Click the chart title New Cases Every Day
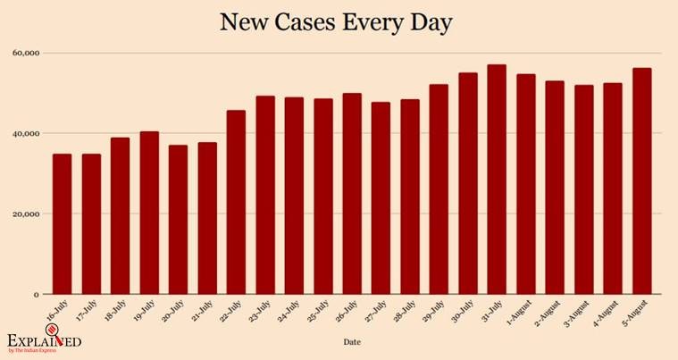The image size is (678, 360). (x=338, y=23)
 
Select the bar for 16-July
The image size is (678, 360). (x=62, y=223)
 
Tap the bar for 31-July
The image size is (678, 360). (x=497, y=179)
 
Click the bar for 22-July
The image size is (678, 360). (x=236, y=202)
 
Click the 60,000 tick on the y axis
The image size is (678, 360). (x=26, y=53)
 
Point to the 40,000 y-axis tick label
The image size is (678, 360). (x=26, y=133)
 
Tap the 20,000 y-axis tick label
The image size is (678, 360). (x=26, y=214)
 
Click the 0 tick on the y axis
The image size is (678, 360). (x=37, y=295)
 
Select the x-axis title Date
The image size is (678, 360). (x=352, y=341)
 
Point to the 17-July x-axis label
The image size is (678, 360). (x=87, y=311)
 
